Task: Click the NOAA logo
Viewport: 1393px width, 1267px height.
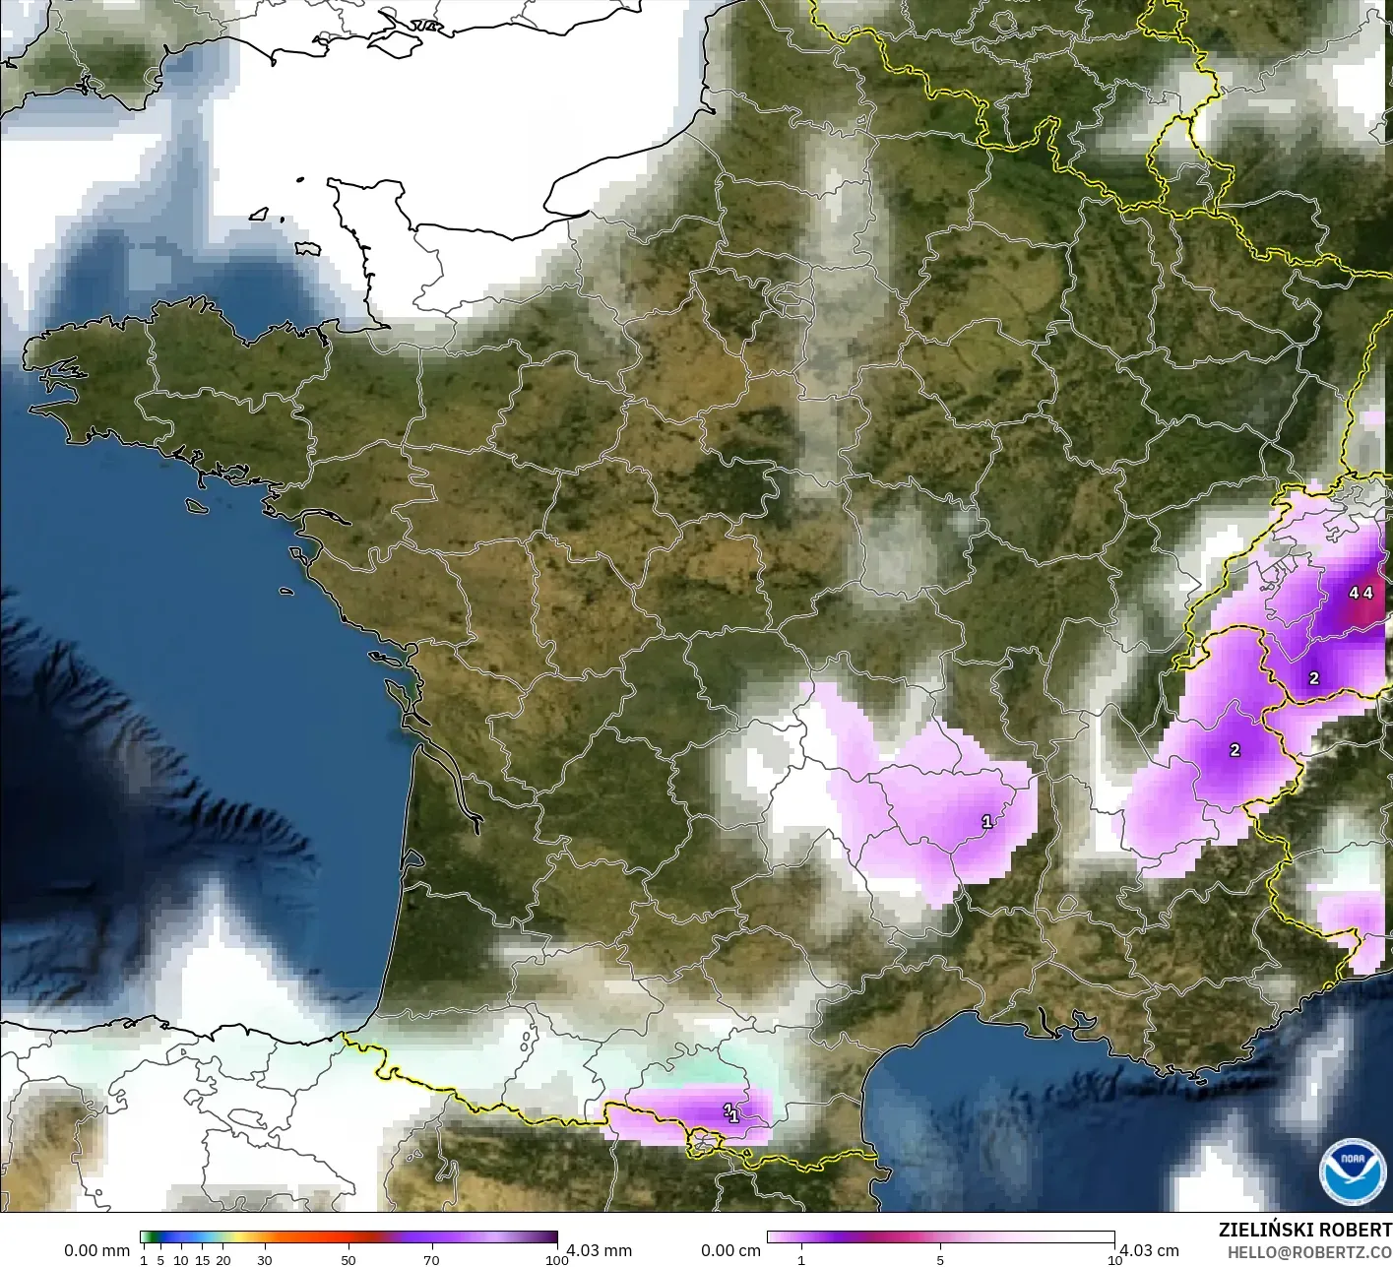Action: (x=1352, y=1172)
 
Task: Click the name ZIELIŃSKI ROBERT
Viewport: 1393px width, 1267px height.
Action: (x=1304, y=1230)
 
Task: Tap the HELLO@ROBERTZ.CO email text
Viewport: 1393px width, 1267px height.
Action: (x=1309, y=1253)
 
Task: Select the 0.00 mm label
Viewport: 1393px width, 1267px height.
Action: (x=96, y=1250)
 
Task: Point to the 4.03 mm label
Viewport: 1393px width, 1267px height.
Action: (x=600, y=1250)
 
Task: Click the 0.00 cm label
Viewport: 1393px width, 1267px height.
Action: (x=730, y=1250)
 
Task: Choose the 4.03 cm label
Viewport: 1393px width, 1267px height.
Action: (x=1149, y=1250)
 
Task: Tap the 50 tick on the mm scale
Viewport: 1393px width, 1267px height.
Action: (x=348, y=1260)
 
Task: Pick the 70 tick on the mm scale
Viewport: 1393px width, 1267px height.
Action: (x=431, y=1260)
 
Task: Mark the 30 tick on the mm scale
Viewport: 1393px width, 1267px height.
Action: (x=264, y=1260)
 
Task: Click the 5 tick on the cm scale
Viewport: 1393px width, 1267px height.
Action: (x=940, y=1260)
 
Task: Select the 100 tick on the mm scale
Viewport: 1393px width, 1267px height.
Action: (x=557, y=1260)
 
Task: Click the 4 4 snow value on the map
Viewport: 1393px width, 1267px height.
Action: (x=1361, y=593)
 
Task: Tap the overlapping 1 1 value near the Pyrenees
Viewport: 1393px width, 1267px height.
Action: (x=731, y=1113)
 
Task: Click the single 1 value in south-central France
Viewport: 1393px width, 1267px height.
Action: (x=987, y=821)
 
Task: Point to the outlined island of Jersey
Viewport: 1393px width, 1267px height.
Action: (x=308, y=249)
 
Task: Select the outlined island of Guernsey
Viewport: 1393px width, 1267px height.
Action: (x=259, y=214)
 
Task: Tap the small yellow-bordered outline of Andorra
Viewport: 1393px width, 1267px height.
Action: (x=705, y=1143)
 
